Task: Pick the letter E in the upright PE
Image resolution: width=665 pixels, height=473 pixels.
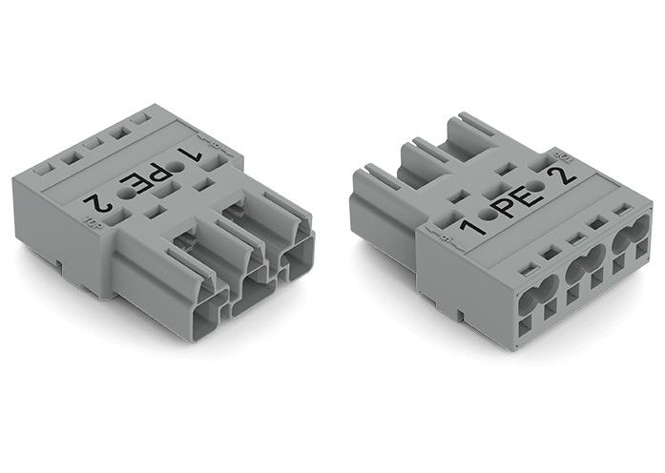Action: pyautogui.click(x=528, y=197)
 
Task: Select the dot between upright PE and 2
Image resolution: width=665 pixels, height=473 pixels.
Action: pyautogui.click(x=547, y=188)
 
